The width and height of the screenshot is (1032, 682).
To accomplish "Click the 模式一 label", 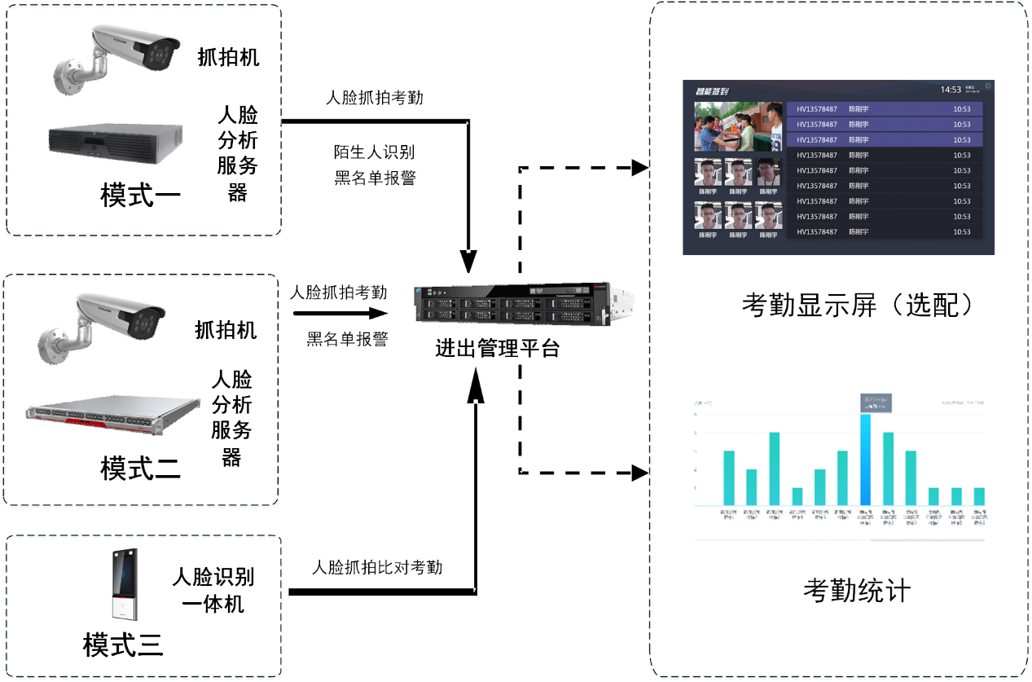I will click(x=140, y=196).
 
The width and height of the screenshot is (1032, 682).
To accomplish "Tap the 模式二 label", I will click(x=140, y=469).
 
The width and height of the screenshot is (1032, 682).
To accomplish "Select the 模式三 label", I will click(x=123, y=645).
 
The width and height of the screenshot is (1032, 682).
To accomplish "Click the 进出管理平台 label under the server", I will click(x=497, y=349).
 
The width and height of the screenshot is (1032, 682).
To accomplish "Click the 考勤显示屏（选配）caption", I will click(x=858, y=305).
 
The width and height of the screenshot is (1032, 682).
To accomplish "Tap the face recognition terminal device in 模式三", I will click(x=125, y=585).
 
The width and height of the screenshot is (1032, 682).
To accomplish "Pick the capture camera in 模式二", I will click(x=102, y=325).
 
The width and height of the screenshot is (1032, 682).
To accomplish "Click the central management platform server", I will click(x=513, y=306).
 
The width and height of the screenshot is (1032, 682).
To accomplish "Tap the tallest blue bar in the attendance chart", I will click(x=865, y=460).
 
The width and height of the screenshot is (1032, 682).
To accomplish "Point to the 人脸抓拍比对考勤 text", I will click(x=377, y=567).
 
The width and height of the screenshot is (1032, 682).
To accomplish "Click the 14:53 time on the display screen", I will click(x=951, y=89).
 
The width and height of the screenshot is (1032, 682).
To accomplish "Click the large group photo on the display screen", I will click(x=737, y=127).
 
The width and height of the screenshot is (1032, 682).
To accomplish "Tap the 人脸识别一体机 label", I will click(x=213, y=590).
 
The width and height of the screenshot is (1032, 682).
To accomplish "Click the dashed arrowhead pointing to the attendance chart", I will click(x=641, y=472).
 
